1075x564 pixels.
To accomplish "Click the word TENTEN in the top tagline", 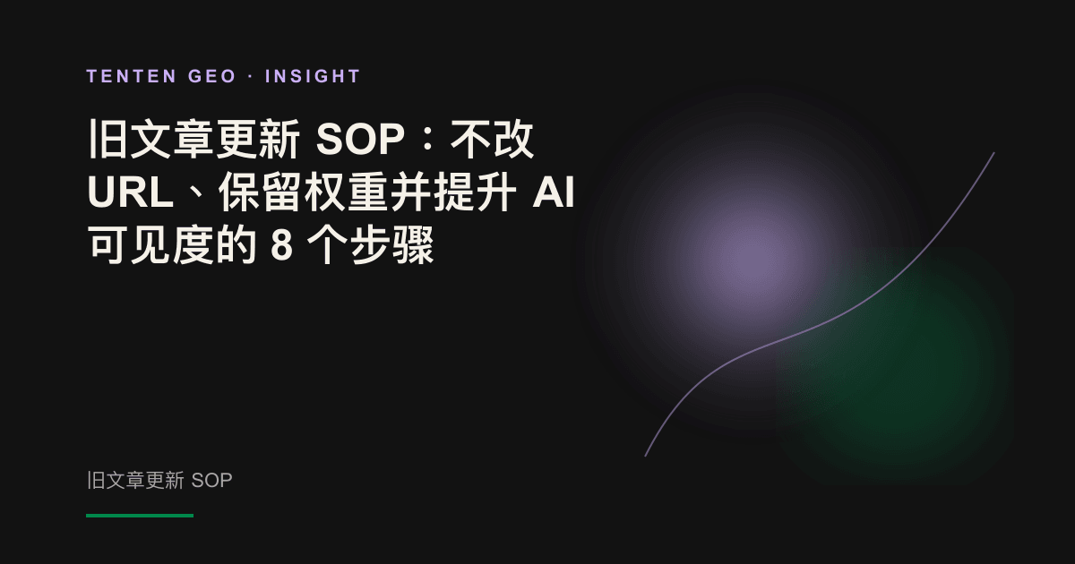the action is pyautogui.click(x=132, y=76).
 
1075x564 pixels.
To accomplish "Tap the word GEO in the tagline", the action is pyautogui.click(x=212, y=76).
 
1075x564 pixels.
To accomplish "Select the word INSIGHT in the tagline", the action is pyautogui.click(x=313, y=76).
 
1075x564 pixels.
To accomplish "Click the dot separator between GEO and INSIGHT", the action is pyautogui.click(x=251, y=77).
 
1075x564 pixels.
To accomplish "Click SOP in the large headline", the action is pyautogui.click(x=360, y=140).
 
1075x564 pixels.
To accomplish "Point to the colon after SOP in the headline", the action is pyautogui.click(x=427, y=140).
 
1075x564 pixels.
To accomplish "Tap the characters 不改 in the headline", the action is pyautogui.click(x=492, y=140).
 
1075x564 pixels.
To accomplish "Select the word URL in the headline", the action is pyautogui.click(x=130, y=192).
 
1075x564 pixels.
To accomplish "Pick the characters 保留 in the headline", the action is pyautogui.click(x=261, y=192).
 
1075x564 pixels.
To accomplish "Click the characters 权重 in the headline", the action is pyautogui.click(x=346, y=192).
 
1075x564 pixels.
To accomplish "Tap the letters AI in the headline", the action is pyautogui.click(x=554, y=192).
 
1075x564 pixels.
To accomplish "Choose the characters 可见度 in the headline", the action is pyautogui.click(x=151, y=245).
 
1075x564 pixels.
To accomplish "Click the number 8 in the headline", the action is pyautogui.click(x=281, y=245).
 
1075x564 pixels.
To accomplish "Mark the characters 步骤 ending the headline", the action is pyautogui.click(x=392, y=245).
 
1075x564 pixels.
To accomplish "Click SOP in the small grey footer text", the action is pyautogui.click(x=211, y=481).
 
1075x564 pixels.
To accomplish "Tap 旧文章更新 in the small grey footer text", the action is pyautogui.click(x=135, y=481).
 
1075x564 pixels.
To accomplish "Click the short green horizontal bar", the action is pyautogui.click(x=140, y=516).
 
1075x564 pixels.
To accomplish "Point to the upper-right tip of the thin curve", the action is pyautogui.click(x=993, y=153).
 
